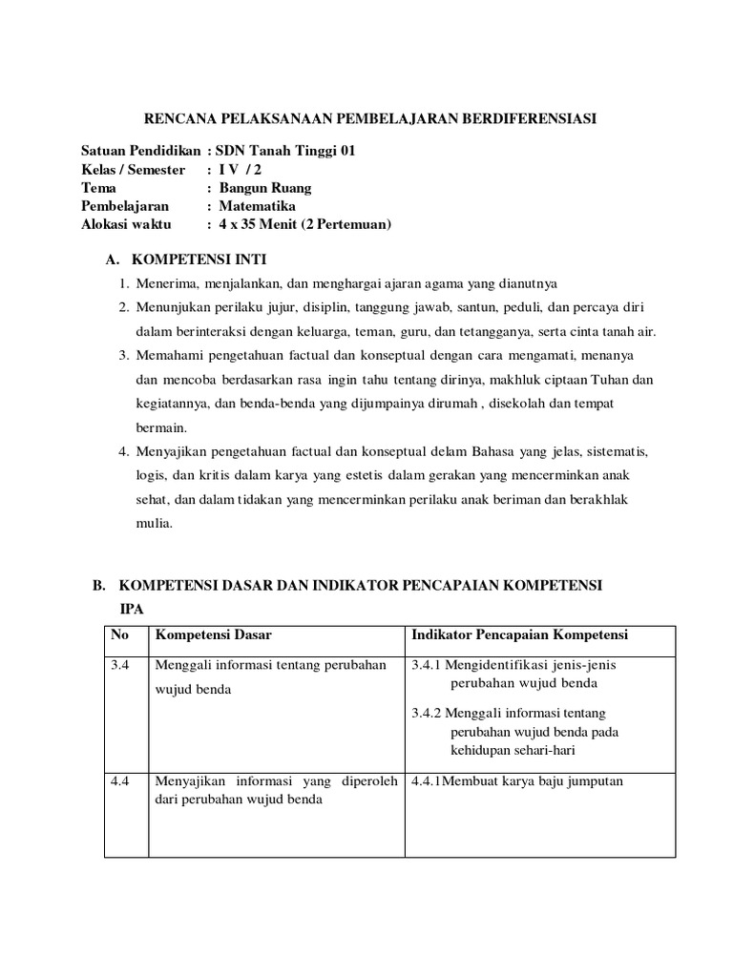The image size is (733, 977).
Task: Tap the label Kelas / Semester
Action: tap(134, 169)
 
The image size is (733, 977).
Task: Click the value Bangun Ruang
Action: tap(265, 187)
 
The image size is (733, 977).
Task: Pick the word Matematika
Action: tap(257, 206)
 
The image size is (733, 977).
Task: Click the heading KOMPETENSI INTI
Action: tap(199, 260)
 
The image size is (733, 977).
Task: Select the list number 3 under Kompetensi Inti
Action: tap(123, 356)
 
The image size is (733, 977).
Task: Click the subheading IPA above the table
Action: tap(129, 607)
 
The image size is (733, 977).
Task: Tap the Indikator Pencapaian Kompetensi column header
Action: tap(519, 635)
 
